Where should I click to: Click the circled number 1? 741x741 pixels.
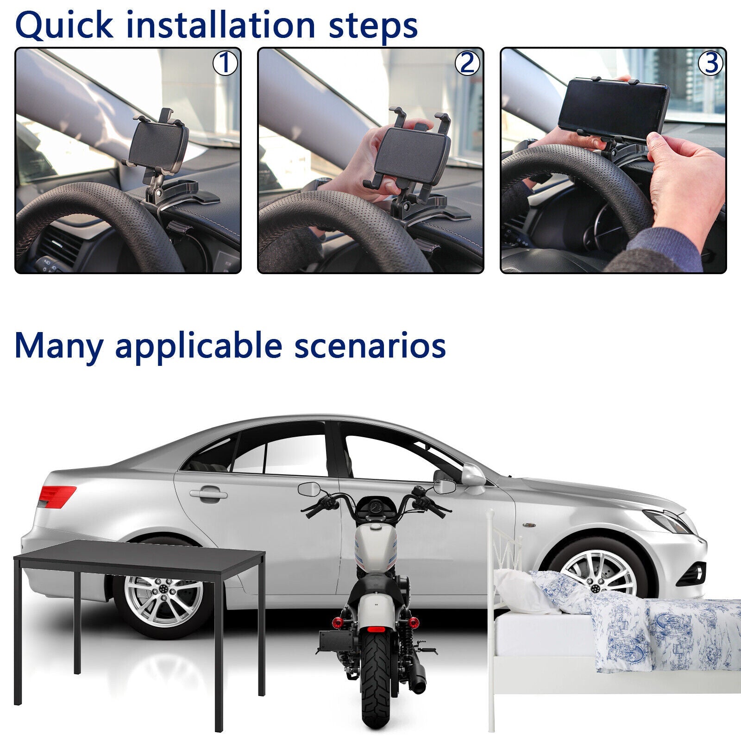click(x=225, y=63)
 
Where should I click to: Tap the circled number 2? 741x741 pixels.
click(x=467, y=63)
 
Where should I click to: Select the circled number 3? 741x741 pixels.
click(x=710, y=63)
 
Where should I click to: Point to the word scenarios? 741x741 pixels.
click(x=370, y=345)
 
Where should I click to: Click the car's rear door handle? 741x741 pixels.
click(x=208, y=493)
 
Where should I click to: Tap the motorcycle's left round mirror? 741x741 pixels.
click(x=308, y=488)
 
